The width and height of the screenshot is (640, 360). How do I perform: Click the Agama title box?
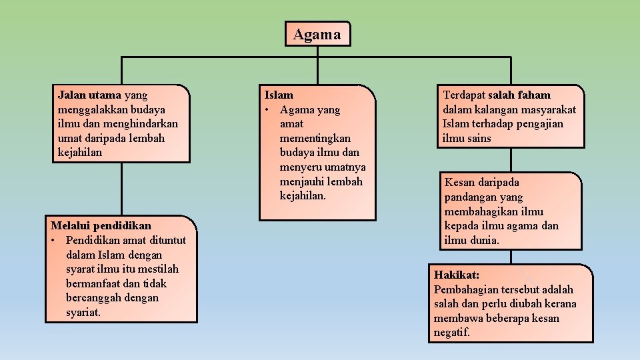317,34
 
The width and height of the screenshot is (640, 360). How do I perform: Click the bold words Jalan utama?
89,95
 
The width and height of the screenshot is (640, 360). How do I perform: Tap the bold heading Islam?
279,95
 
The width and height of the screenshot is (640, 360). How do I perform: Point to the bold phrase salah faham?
524,95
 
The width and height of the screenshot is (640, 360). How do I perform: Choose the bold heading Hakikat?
457,275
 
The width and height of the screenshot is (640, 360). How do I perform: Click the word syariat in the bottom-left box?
83,312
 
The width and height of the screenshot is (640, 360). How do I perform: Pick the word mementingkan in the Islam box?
315,138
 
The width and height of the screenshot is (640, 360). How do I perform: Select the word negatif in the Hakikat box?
452,332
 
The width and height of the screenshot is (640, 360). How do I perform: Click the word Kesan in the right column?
461,183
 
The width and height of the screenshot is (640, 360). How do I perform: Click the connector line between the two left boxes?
121,189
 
